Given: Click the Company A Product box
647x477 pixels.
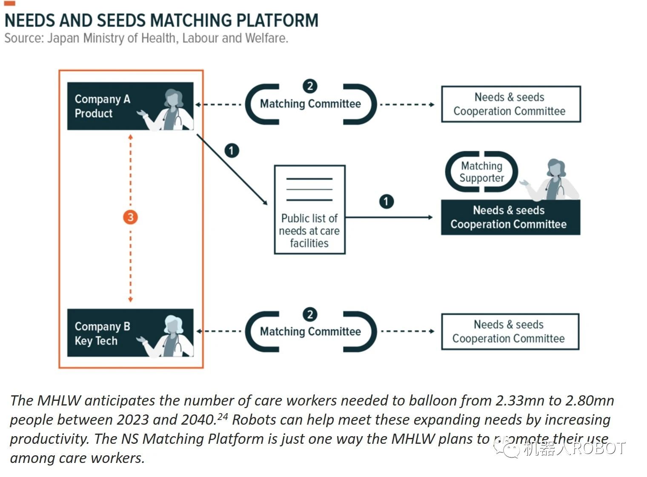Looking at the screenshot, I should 130,106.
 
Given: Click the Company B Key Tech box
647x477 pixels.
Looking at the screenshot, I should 130,333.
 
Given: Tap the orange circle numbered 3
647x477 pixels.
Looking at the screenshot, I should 130,217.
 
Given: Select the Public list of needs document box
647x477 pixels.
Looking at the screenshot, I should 309,210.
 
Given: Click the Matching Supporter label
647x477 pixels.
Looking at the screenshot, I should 481,172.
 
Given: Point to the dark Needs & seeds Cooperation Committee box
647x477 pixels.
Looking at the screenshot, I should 510,217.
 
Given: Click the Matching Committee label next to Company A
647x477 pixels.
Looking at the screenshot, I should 310,104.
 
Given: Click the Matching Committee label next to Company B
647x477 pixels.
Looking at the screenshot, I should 310,331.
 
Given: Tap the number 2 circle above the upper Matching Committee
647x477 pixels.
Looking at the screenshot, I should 310,86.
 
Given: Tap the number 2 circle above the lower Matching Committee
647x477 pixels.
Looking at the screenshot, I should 310,314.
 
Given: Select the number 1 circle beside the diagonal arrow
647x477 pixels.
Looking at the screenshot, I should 232,151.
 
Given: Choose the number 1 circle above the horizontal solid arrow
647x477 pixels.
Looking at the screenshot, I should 386,201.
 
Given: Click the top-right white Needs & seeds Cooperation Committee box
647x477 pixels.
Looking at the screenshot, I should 510,104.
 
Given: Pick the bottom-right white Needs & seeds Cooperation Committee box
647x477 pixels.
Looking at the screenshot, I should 510,332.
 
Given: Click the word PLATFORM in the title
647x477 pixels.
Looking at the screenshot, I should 277,20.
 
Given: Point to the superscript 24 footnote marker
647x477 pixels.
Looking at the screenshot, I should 223,416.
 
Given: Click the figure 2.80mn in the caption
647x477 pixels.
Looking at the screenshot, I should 590,401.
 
